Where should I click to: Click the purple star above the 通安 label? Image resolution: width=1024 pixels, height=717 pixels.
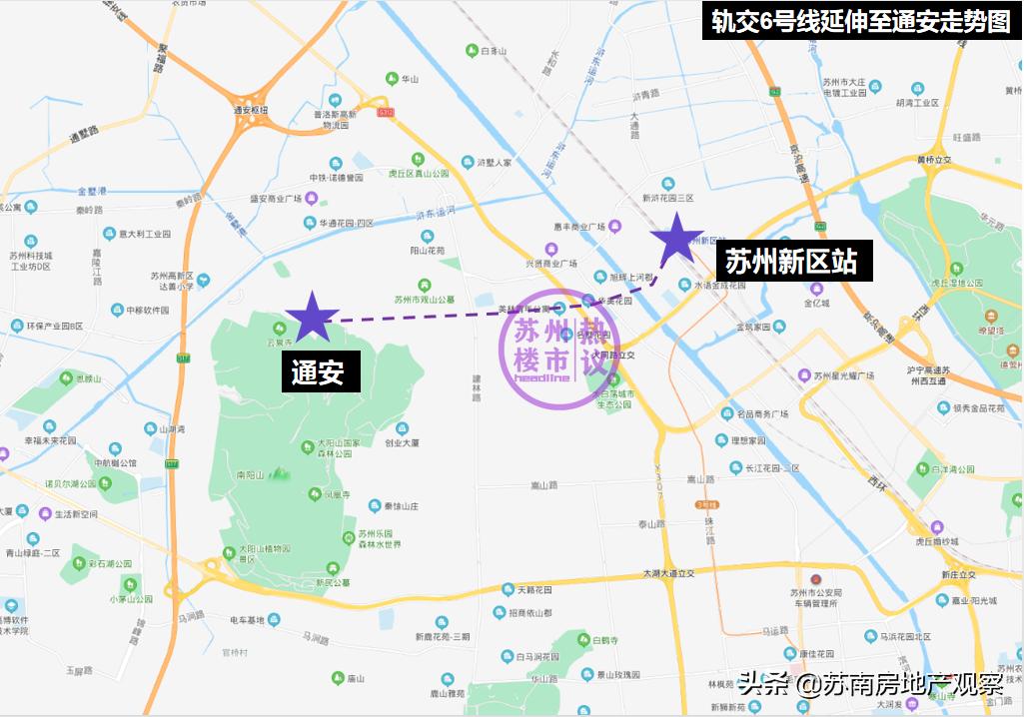(x=312, y=318)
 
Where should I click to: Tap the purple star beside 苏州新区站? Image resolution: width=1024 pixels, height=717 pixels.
(x=676, y=240)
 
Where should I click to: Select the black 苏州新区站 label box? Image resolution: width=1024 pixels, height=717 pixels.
(x=790, y=262)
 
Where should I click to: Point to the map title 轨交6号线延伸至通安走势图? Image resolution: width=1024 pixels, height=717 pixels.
(x=860, y=21)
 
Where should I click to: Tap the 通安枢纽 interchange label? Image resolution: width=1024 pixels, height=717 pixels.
(x=251, y=111)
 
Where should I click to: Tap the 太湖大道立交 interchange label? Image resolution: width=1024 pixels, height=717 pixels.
(x=668, y=572)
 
